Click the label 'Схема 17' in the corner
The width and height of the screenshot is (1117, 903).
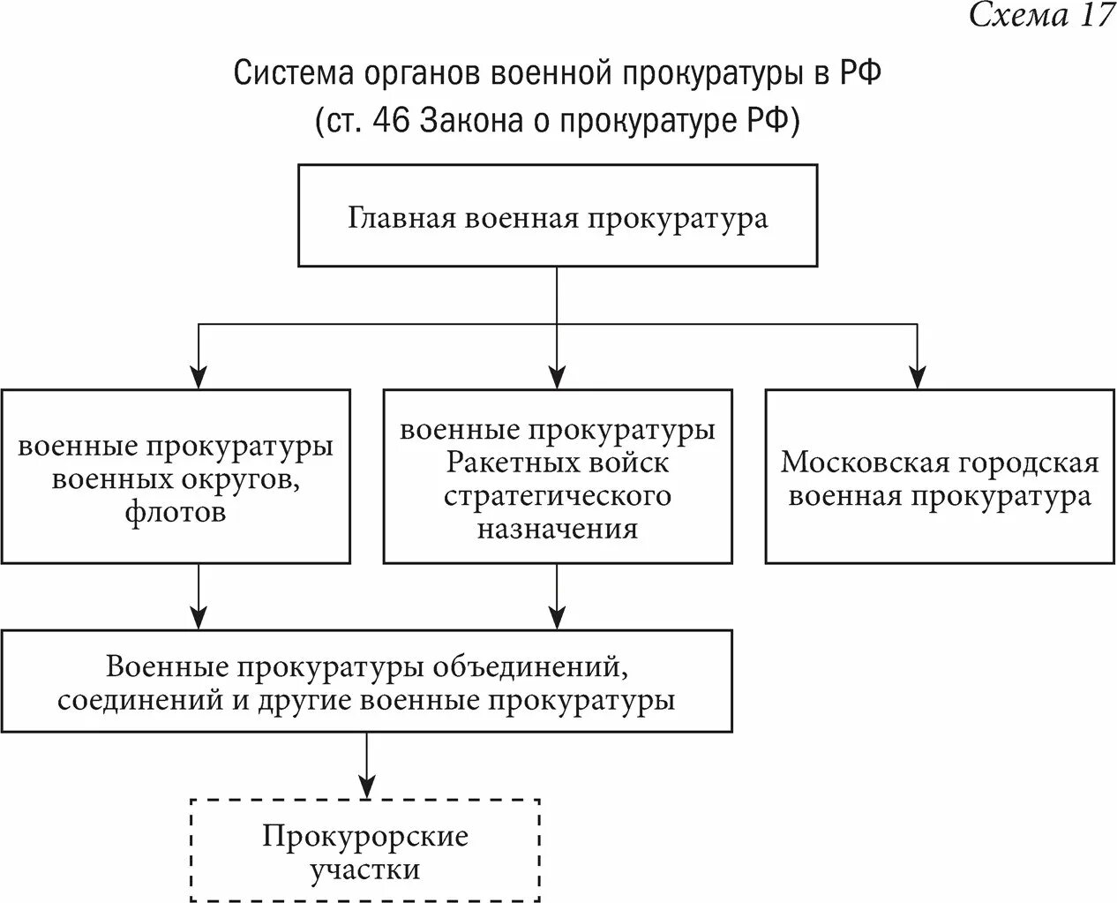pyautogui.click(x=1041, y=17)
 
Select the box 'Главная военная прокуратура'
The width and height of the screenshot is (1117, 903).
pyautogui.click(x=557, y=216)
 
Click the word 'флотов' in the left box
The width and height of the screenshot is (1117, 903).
pyautogui.click(x=176, y=513)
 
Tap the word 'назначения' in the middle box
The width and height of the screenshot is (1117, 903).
pyautogui.click(x=557, y=529)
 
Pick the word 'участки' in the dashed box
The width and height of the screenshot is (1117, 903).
pyautogui.click(x=364, y=870)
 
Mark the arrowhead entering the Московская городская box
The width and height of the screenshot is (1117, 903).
pyautogui.click(x=918, y=377)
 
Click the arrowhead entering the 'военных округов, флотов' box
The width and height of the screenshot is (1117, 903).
pyautogui.click(x=199, y=377)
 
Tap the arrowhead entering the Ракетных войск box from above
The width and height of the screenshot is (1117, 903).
pyautogui.click(x=557, y=377)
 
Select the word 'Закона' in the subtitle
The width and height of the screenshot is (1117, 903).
pyautogui.click(x=469, y=120)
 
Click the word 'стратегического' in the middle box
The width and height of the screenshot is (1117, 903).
pyautogui.click(x=557, y=495)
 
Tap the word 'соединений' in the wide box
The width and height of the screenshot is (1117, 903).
pyautogui.click(x=132, y=700)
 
